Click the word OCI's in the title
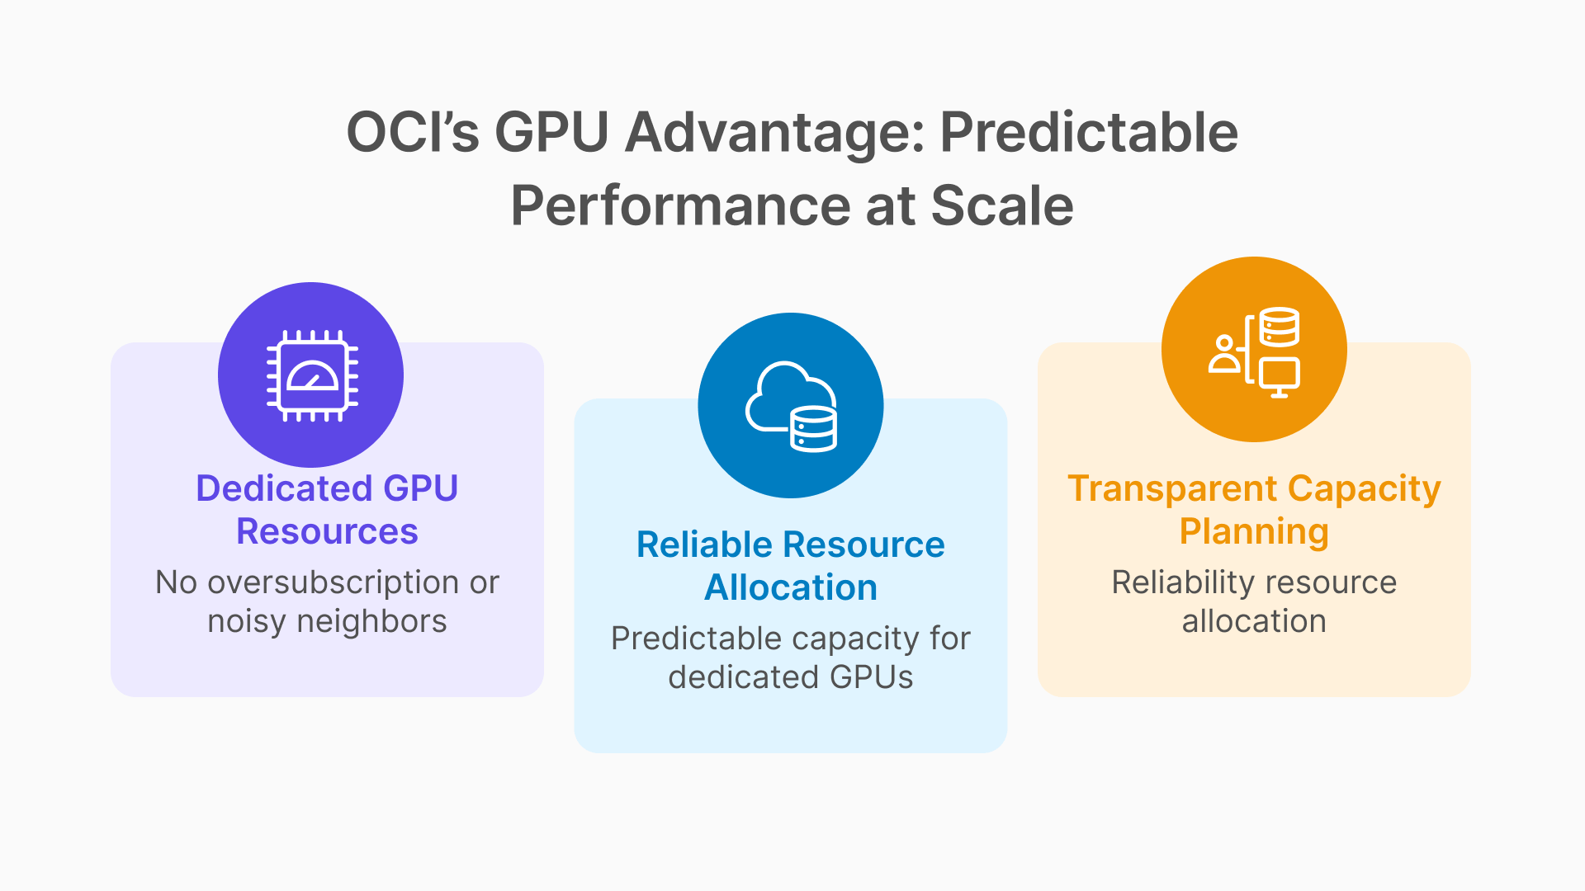coord(412,132)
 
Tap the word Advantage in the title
coord(774,132)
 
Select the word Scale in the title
coord(1001,205)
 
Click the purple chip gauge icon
coord(311,375)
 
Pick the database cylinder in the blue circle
coord(813,430)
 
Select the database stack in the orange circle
coord(1279,327)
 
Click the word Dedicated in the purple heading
coord(283,488)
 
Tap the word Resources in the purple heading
coord(327,531)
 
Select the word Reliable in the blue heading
coord(704,544)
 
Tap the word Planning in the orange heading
coord(1254,531)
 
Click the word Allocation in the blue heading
coord(790,587)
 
